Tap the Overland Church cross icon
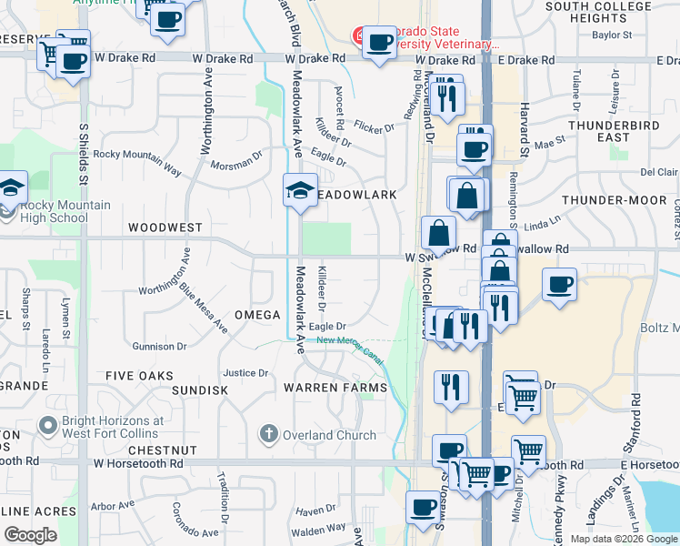click(x=268, y=434)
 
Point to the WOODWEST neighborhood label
click(x=165, y=227)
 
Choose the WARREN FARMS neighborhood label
click(x=335, y=388)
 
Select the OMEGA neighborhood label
click(x=257, y=315)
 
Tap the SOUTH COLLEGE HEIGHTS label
click(x=598, y=12)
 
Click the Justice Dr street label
click(x=245, y=373)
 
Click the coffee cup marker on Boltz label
click(x=559, y=284)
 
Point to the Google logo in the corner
click(x=30, y=535)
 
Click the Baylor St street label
click(x=612, y=35)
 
